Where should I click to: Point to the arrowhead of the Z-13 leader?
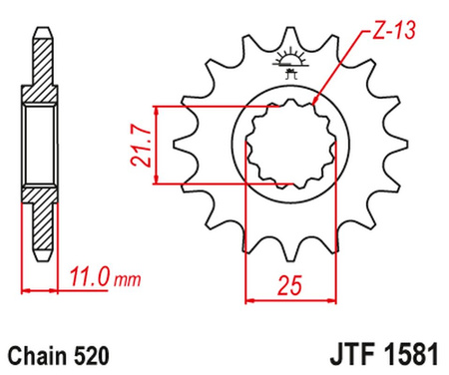point(316,102)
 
